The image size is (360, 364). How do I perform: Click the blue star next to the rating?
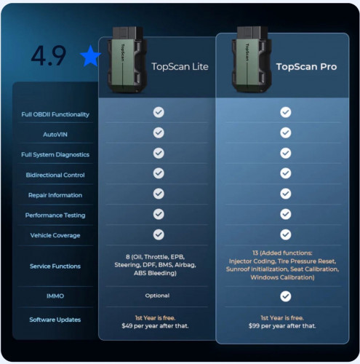[x=90, y=56]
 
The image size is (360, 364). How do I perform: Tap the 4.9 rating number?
[x=49, y=56]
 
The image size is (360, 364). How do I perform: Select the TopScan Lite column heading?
[x=180, y=66]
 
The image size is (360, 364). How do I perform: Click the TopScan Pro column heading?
[x=306, y=66]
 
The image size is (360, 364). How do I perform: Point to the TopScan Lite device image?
[x=127, y=60]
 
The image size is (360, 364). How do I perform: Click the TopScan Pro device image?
[x=252, y=60]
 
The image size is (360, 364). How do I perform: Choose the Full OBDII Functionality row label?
[x=55, y=114]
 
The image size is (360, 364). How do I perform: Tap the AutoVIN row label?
[x=55, y=135]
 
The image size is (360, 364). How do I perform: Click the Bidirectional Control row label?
[x=55, y=175]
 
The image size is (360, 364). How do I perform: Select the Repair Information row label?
[x=55, y=195]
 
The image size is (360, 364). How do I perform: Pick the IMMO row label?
[x=55, y=296]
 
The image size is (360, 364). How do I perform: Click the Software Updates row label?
[x=55, y=320]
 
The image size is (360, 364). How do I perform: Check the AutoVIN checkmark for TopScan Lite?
[x=159, y=132]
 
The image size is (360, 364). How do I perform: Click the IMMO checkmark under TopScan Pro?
[x=286, y=296]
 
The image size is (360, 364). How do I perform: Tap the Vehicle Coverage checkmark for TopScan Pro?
[x=286, y=234]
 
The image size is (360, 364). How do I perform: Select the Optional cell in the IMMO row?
[x=157, y=296]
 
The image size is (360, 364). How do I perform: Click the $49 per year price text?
[x=155, y=325]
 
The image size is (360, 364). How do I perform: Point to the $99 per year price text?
[x=282, y=325]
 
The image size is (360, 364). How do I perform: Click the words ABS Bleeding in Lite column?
[x=154, y=273]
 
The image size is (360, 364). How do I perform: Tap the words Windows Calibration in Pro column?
[x=281, y=277]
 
